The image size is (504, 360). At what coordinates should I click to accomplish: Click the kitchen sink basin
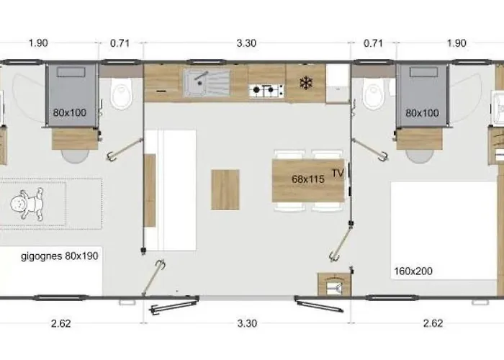[x=207, y=83]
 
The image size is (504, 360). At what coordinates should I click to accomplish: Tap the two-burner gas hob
[x=266, y=91]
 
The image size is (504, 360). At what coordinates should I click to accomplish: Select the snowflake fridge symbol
[x=306, y=84]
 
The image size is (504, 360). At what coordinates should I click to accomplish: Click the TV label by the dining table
[x=338, y=174]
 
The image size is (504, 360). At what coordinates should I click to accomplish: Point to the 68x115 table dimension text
[x=308, y=179]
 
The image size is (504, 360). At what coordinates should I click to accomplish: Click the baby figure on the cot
[x=27, y=204]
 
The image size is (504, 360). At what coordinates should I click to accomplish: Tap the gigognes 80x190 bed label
[x=60, y=256]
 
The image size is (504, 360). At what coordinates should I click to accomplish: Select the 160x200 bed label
[x=413, y=271]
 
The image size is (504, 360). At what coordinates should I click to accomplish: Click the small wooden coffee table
[x=225, y=189]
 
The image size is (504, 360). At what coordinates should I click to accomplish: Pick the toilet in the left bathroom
[x=122, y=93]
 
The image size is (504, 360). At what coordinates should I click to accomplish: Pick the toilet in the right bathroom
[x=373, y=93]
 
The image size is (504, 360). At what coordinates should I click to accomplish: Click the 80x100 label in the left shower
[x=70, y=112]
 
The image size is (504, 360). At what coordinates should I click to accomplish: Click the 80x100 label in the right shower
[x=422, y=113]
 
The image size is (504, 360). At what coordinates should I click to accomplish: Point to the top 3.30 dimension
[x=246, y=43]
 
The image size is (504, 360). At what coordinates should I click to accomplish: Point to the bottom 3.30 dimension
[x=247, y=323]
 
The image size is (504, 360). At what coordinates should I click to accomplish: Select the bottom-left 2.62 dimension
[x=60, y=323]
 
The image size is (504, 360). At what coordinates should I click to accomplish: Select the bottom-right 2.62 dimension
[x=433, y=323]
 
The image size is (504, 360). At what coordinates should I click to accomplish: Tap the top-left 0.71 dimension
[x=120, y=43]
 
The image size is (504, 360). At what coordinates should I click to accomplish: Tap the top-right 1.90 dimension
[x=456, y=43]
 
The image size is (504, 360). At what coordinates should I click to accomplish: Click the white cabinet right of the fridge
[x=338, y=83]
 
